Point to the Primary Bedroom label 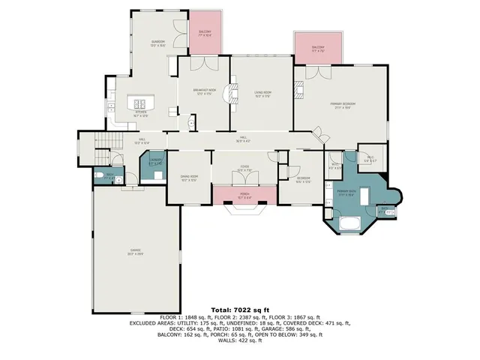[x=343, y=104]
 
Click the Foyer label [x=244, y=167]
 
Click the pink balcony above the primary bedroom [x=318, y=49]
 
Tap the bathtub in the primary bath [x=350, y=223]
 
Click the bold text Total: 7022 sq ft [x=240, y=310]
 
